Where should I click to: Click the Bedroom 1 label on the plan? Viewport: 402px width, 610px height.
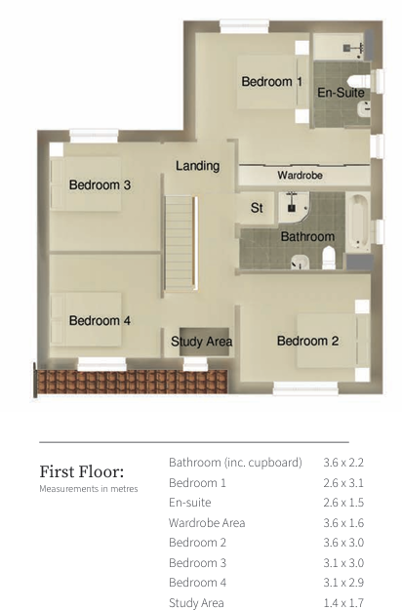272,82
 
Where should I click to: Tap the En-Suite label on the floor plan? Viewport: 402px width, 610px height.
341,93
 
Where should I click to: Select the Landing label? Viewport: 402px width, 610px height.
197,166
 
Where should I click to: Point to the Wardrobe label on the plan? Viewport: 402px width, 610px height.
300,176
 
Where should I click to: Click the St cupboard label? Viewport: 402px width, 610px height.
258,208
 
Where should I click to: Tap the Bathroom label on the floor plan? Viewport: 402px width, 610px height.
307,236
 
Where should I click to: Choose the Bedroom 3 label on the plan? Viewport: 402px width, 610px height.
100,184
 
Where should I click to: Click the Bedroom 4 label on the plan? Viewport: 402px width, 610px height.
100,320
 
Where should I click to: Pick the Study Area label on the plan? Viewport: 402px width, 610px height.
201,342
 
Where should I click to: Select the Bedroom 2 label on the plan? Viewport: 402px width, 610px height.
307,341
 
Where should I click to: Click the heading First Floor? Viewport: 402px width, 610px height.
81,471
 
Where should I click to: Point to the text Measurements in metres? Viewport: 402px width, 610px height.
89,489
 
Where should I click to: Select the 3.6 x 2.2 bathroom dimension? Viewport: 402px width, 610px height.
342,462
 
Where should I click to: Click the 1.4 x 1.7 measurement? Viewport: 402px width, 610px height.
342,603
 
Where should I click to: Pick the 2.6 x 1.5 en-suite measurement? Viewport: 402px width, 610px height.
342,503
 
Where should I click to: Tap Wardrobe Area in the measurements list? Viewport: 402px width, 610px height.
207,523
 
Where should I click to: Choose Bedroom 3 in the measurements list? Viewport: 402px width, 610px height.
197,563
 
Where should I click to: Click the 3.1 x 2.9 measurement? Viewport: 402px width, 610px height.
342,583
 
